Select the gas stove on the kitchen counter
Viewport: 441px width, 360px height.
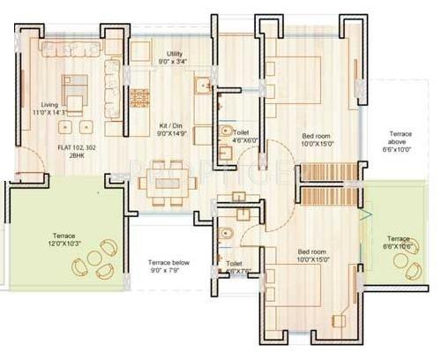(x=139, y=97)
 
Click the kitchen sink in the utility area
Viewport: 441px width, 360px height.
(x=202, y=86)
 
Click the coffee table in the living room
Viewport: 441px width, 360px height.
(x=76, y=104)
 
